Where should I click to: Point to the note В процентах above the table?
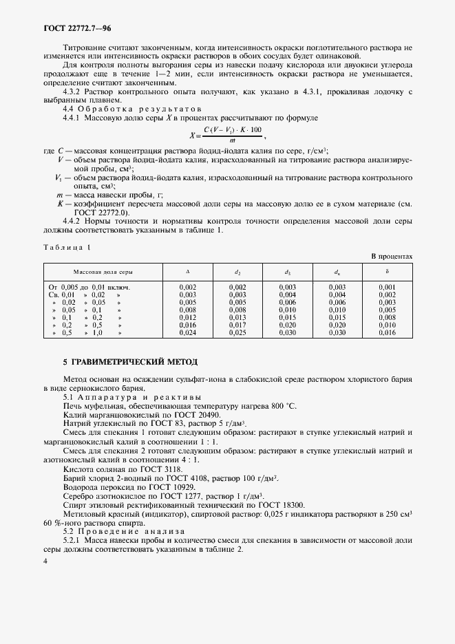(x=392, y=257)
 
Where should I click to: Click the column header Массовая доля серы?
(x=103, y=272)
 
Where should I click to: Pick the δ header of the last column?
(x=387, y=272)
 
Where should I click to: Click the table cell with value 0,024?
(x=187, y=332)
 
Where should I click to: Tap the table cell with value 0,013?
(x=237, y=317)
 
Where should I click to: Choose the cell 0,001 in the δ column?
(x=387, y=287)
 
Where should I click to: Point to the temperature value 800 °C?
(x=281, y=407)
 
